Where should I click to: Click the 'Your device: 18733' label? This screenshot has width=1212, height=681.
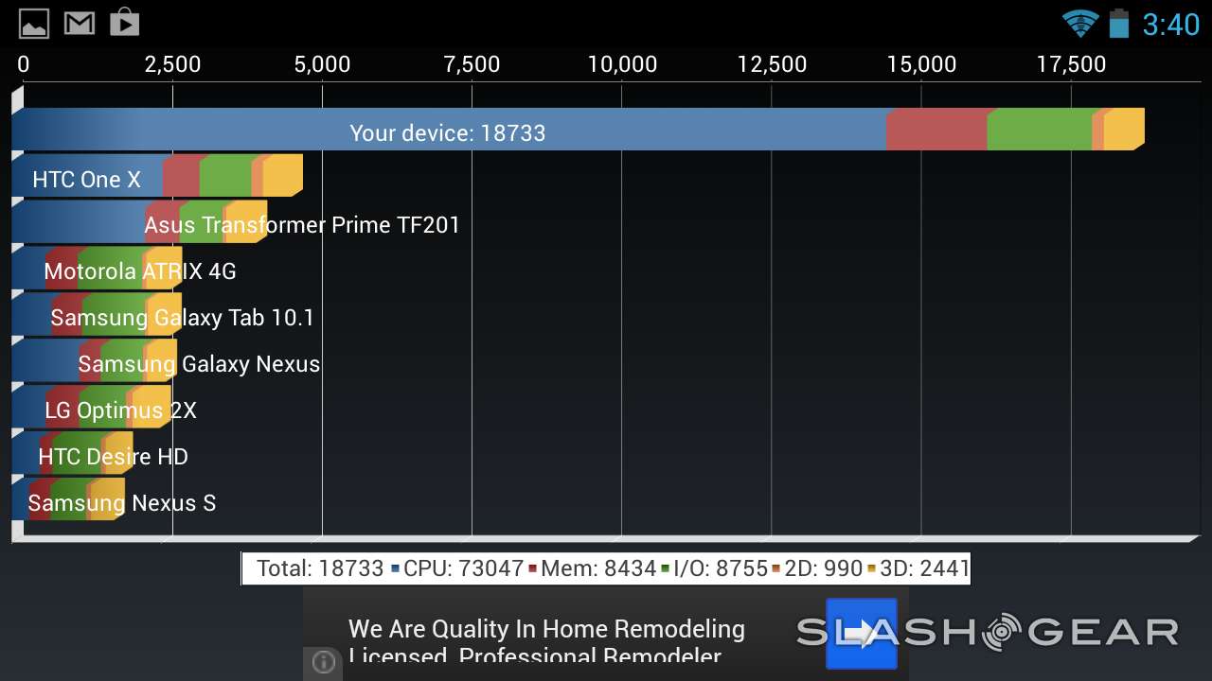pos(447,133)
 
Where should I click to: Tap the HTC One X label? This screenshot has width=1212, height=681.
pos(86,180)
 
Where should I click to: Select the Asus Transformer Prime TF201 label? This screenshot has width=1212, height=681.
pos(302,225)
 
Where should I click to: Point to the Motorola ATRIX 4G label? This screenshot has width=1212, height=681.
pos(140,271)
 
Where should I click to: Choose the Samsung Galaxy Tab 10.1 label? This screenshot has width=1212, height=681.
pos(182,318)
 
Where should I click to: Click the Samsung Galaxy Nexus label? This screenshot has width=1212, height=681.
pos(199,364)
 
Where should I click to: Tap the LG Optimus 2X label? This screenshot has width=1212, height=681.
pos(121,410)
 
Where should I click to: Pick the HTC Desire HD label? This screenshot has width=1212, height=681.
pos(113,457)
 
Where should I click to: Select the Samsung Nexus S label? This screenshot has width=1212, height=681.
pos(122,503)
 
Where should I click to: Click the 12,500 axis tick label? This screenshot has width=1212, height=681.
pos(772,64)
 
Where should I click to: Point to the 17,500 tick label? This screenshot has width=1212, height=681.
pos(1071,64)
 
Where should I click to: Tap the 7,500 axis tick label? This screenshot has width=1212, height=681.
pos(472,64)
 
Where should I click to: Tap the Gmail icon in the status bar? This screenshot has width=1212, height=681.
pos(80,23)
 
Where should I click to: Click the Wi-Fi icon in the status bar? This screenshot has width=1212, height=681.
pos(1078,23)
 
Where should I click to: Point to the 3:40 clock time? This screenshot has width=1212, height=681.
pos(1170,24)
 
